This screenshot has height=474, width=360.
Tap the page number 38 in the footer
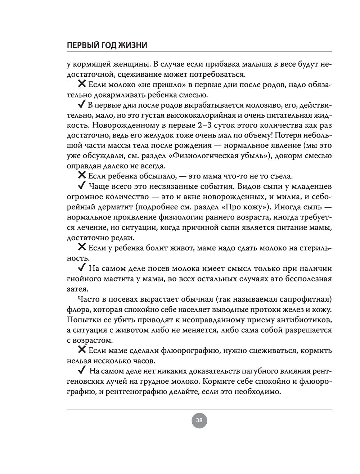(199, 420)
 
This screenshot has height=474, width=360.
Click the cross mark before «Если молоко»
(82, 84)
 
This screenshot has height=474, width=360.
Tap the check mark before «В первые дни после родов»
(81, 105)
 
